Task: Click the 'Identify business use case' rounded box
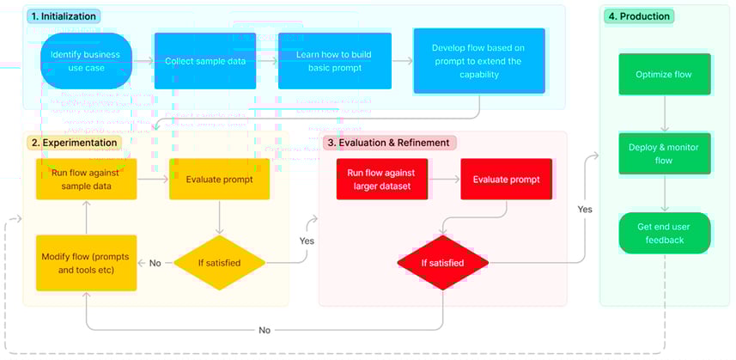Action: coord(85,61)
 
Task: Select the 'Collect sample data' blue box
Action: coord(204,61)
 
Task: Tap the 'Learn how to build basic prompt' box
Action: coord(334,61)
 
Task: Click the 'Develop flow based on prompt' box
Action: coord(479,61)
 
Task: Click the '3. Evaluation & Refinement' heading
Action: coord(387,142)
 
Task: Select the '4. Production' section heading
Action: coord(639,15)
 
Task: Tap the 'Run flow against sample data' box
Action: coord(86,179)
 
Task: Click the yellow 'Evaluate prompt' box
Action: coord(221,179)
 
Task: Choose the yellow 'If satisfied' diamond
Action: coord(221,262)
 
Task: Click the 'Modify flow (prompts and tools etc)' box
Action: coord(86,262)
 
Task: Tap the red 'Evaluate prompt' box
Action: coord(505,179)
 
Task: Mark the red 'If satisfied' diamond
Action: coord(442,262)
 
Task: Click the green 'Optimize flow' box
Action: coord(664,74)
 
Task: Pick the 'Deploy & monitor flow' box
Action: coord(664,154)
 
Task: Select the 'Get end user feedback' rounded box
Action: coord(664,233)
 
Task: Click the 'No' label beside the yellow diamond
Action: coord(155,263)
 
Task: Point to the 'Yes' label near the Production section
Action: coord(585,209)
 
